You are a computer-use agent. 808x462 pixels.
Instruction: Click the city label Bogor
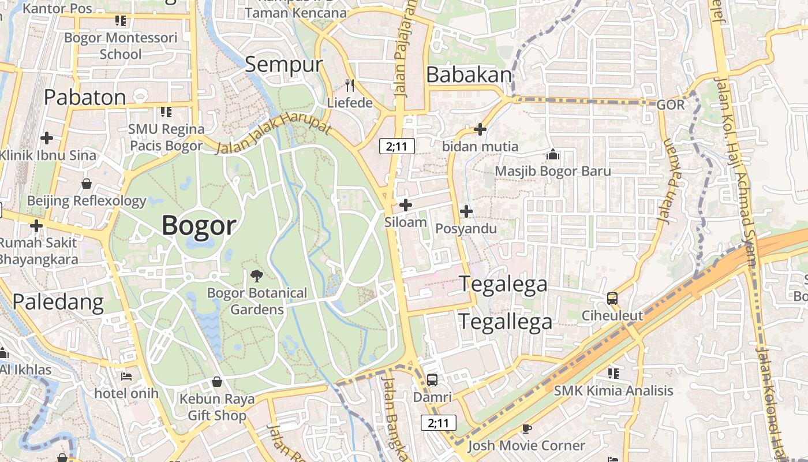[199, 225]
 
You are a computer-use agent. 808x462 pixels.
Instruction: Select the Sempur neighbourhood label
[283, 64]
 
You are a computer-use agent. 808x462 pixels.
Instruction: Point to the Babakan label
[469, 75]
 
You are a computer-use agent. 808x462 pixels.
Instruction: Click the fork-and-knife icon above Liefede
[349, 85]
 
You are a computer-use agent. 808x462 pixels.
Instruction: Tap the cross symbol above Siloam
[406, 204]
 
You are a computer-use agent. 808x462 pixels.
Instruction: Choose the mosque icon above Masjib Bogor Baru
[553, 154]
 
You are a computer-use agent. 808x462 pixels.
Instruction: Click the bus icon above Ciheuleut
[612, 299]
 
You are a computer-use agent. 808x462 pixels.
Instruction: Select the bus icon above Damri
[432, 379]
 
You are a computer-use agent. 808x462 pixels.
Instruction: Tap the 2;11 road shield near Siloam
[397, 146]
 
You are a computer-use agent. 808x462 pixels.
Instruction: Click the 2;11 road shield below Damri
[439, 423]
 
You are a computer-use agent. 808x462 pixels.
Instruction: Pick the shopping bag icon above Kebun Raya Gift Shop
[217, 382]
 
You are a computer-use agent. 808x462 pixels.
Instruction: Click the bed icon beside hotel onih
[126, 377]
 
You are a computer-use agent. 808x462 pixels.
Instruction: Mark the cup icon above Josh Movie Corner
[526, 428]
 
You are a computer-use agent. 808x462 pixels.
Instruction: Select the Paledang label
[58, 301]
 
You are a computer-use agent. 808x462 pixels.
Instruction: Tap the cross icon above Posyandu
[466, 211]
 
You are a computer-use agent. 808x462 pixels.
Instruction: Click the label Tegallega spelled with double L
[506, 322]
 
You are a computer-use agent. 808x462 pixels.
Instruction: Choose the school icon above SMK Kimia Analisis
[613, 373]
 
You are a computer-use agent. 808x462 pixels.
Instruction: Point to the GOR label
[671, 105]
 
